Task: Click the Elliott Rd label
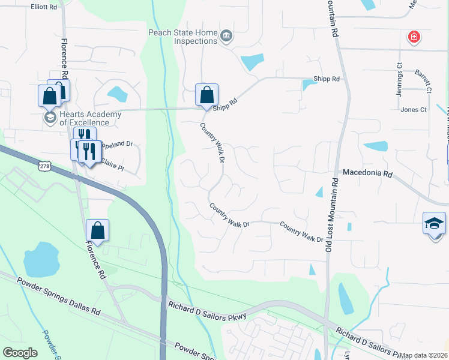coord(44,7)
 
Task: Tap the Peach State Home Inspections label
coord(182,37)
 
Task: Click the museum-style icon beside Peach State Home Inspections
coord(226,36)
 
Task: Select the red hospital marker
coord(414,38)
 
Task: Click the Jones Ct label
coord(414,110)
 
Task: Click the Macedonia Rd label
coord(367,173)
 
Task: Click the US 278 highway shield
coord(44,165)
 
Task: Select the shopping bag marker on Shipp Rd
coord(206,95)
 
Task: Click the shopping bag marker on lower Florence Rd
coord(97,231)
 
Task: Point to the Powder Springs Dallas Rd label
coord(58,295)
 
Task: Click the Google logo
coord(20,353)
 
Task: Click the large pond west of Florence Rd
coord(41,259)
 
